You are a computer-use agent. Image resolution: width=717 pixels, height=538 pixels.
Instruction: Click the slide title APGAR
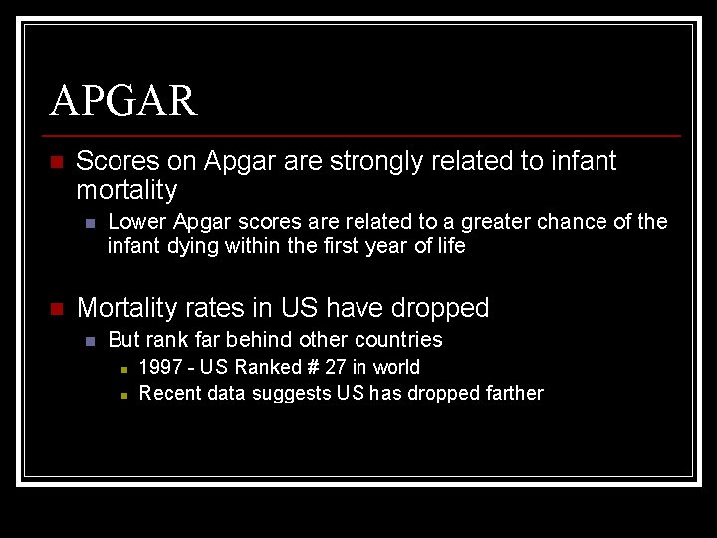coord(123,100)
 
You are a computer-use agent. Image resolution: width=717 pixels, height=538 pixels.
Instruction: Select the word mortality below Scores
coord(126,190)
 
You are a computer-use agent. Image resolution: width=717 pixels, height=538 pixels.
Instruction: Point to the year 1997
coord(160,367)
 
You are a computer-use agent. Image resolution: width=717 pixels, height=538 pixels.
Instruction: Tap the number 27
coord(336,367)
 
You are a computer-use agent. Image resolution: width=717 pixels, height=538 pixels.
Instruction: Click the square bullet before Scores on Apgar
coord(57,162)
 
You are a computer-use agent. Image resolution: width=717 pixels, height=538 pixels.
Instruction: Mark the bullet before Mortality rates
coord(57,309)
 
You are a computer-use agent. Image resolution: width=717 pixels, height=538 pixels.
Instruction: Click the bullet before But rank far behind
coord(90,341)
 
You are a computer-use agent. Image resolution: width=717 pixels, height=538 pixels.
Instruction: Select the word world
coord(396,367)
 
